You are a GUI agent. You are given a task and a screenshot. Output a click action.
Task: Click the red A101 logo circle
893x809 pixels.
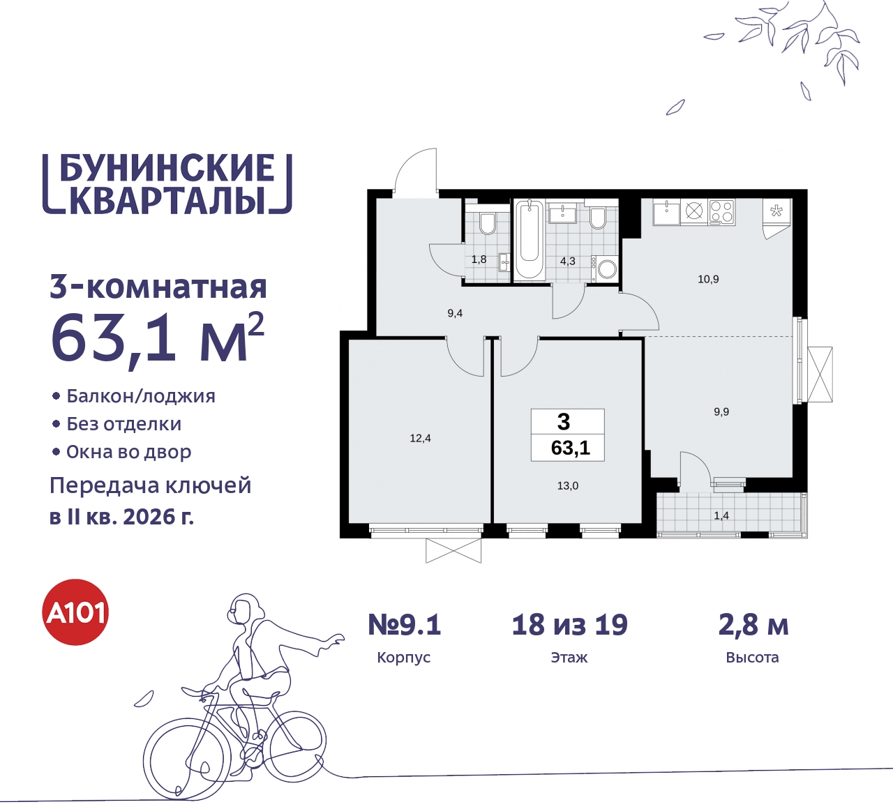point(76,612)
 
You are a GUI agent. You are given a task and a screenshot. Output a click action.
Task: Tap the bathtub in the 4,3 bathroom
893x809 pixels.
point(530,241)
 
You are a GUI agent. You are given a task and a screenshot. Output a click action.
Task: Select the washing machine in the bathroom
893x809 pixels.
point(607,269)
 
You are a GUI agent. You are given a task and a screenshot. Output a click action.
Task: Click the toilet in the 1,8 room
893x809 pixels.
point(487,222)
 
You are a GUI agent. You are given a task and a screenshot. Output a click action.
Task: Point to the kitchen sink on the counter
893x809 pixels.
point(666,211)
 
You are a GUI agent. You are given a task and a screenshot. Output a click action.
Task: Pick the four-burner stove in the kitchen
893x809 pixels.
point(721,211)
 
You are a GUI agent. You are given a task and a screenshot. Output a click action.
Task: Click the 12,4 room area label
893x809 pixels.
point(420,438)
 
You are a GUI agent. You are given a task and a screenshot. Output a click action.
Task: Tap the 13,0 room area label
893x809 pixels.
point(567,485)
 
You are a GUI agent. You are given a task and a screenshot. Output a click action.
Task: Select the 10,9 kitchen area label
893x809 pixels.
point(708,279)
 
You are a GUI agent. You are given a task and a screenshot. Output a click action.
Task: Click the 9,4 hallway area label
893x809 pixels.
point(455,313)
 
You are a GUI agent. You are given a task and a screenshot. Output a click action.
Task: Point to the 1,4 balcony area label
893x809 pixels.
point(721,515)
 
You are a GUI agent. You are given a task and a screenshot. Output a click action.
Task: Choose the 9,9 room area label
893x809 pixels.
point(721,411)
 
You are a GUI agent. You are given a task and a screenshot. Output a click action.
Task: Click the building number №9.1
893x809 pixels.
point(405,625)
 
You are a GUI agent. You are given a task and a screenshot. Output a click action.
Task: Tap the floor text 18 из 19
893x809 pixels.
point(569,625)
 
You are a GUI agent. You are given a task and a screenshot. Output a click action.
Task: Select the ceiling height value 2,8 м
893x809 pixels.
point(753,625)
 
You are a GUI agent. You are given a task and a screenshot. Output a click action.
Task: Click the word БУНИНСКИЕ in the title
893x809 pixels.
point(167,168)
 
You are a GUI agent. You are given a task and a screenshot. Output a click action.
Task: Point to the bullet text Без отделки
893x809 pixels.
point(123,424)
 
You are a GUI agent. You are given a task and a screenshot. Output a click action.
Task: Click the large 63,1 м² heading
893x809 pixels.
point(158,338)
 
